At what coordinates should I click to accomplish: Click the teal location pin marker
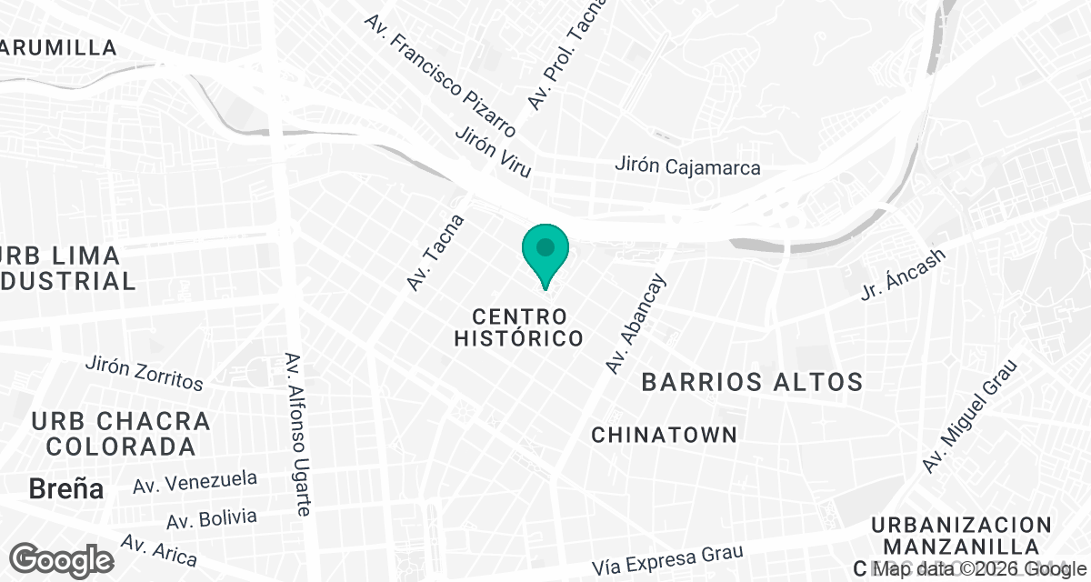coord(545,253)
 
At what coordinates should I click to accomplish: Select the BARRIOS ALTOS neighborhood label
coord(752,381)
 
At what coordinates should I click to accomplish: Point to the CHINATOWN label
coord(664,436)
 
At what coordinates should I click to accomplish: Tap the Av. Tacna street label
coord(435,253)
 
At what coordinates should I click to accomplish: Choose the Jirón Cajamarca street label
coord(687,167)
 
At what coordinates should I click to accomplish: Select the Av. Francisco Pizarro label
coord(439,74)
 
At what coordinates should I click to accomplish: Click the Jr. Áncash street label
coord(904,275)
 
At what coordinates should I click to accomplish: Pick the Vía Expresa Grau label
coord(668,559)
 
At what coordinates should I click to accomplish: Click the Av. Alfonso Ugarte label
coord(299,434)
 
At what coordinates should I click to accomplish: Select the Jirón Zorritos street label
coord(144,373)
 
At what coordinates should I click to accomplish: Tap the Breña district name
coord(66,488)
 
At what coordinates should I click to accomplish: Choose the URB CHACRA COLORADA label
coord(121,434)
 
